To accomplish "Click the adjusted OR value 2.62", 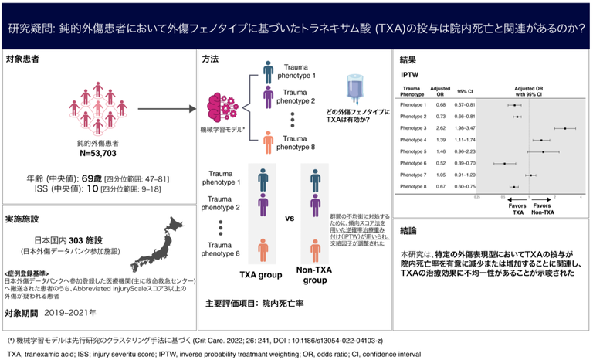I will point(440,127).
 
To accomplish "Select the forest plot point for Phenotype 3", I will point(565,127).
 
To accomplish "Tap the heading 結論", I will point(409,230).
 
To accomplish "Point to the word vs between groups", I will point(290,219).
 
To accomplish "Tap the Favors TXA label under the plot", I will point(517,209).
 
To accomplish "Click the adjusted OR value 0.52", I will point(440,163).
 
